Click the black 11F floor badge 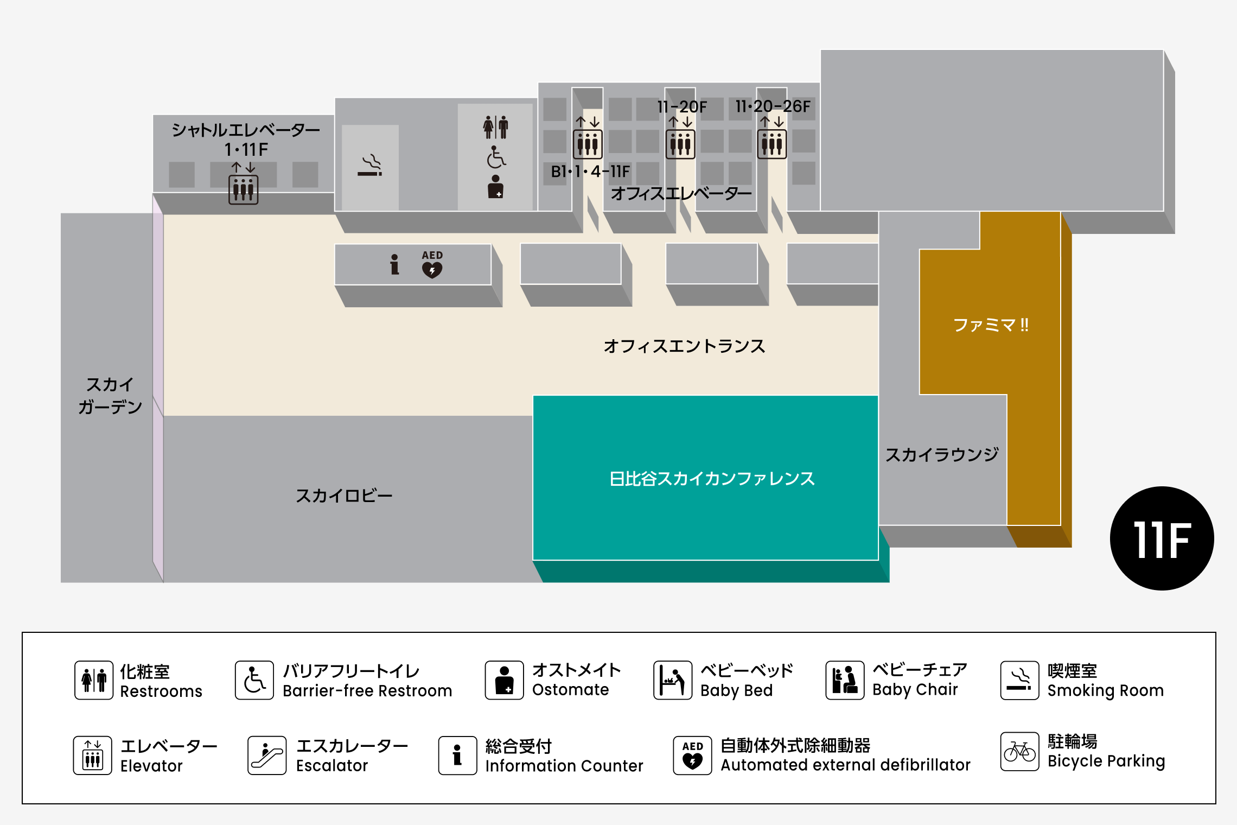coord(1162,538)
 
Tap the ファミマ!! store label coord(991,325)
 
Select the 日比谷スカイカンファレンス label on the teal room coord(712,479)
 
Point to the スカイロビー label coord(344,496)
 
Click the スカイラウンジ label coord(942,454)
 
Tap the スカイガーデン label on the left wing coord(110,396)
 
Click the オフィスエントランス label coord(684,346)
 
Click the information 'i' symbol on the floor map coord(394,264)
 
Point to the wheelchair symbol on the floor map coord(496,157)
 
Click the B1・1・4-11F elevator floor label coord(590,172)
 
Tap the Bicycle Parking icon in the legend coord(1019,752)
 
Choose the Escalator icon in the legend coord(267,755)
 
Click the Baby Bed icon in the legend coord(673,680)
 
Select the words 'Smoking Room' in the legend coord(1105,690)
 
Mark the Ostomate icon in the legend coord(504,680)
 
